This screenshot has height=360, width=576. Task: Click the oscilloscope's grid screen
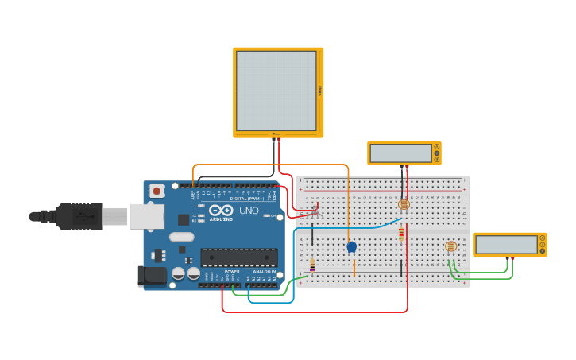pos(276,91)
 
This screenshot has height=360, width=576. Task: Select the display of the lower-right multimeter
pos(506,244)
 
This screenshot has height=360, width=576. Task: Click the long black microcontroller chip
pos(238,257)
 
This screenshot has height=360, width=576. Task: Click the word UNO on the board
pos(249,211)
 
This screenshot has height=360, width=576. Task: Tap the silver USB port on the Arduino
pos(146,216)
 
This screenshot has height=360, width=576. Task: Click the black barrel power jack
pos(152,276)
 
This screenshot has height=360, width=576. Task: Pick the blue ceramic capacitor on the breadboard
pos(351,247)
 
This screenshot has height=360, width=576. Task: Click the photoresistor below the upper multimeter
pos(404,204)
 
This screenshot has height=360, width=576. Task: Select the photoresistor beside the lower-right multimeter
pos(450,246)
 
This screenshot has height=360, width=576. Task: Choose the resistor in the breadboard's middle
pos(400,234)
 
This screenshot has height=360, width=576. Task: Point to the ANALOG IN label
pos(265,271)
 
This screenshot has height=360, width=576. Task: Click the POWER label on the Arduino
pos(232,271)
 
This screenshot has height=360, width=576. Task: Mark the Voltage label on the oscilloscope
pos(319,91)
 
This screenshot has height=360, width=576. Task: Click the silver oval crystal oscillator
pos(181,236)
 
